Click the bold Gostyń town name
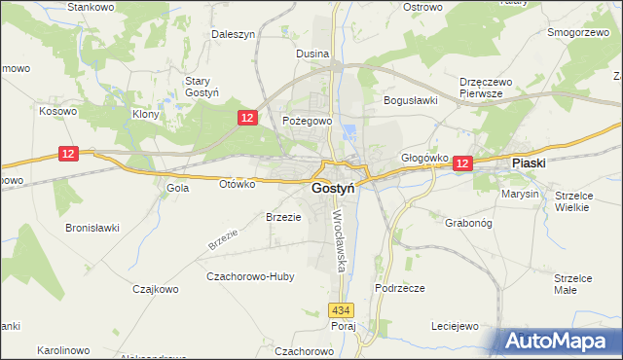332,188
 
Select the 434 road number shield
339,309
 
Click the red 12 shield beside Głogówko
462,164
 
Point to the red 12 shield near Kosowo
67,154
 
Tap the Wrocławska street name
340,240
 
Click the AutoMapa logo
557,342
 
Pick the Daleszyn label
233,34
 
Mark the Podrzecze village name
399,288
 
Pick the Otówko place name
237,183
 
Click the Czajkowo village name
157,288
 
